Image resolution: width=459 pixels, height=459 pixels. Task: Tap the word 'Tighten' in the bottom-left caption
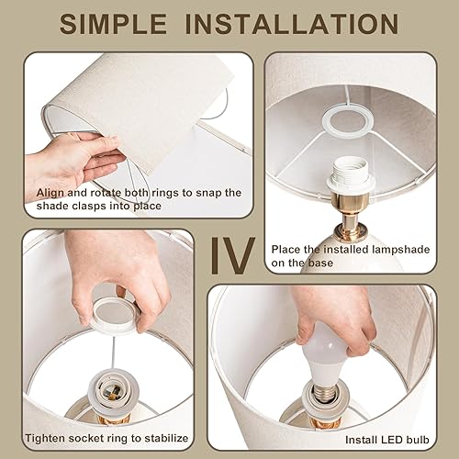49,439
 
